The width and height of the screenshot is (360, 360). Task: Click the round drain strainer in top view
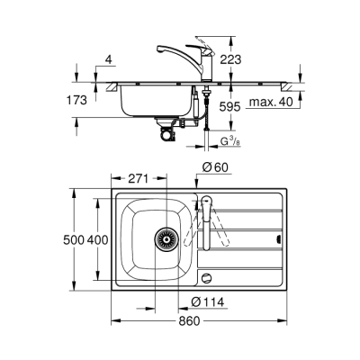point(164,240)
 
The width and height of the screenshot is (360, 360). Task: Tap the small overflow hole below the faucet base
point(210,279)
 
